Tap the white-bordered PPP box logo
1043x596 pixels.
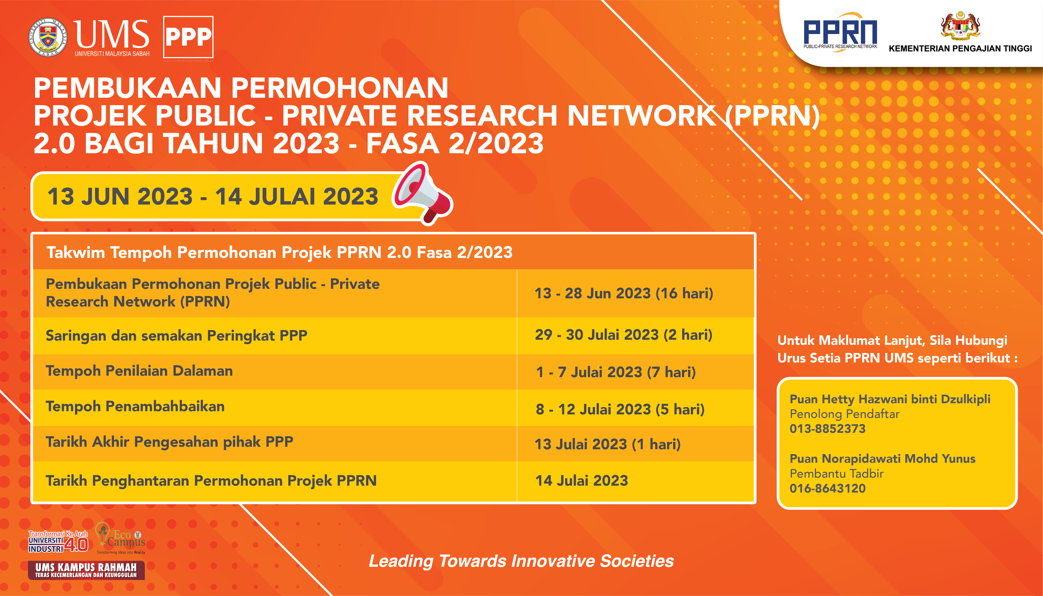[188, 37]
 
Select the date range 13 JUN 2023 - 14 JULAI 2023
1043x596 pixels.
[213, 197]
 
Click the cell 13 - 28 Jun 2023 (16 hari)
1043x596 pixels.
[624, 293]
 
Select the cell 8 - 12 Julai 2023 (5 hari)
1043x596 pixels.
[620, 409]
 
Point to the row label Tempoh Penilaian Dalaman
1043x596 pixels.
[139, 371]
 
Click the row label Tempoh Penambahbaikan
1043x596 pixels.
[135, 406]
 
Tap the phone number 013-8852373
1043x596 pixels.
[828, 429]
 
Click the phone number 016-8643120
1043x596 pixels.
[828, 488]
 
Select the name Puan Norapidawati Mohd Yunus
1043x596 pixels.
[883, 459]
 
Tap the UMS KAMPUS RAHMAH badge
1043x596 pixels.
[86, 570]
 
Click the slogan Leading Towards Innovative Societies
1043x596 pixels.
[521, 561]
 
